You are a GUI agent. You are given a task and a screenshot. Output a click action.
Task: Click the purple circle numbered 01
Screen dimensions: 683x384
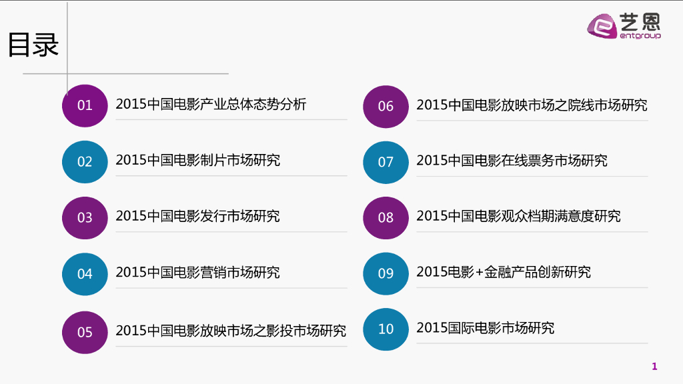(x=85, y=105)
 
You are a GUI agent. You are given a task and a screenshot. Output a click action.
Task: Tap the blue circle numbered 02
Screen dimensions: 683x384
(x=85, y=161)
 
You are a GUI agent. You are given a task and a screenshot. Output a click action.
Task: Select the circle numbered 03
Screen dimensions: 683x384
(x=85, y=217)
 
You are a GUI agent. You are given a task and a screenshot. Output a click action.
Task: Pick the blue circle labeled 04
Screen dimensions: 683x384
(x=85, y=273)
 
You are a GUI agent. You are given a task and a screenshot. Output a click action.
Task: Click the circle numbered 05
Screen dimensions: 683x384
(x=85, y=331)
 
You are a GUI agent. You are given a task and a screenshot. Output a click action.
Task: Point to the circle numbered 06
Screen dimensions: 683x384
(x=386, y=106)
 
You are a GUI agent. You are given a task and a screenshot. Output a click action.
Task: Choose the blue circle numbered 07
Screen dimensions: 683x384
(x=386, y=162)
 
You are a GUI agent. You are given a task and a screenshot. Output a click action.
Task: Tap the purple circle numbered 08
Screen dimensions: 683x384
(x=386, y=217)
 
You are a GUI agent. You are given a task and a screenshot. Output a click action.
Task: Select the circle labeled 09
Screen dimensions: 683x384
(x=386, y=273)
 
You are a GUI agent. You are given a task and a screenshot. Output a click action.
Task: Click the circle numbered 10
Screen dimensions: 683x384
(x=386, y=329)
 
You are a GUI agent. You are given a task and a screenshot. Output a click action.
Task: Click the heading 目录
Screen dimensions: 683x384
(x=33, y=45)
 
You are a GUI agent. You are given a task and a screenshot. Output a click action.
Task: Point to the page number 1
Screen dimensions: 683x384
(x=654, y=366)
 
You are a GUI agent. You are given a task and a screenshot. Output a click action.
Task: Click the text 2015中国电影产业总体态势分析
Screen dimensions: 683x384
(x=211, y=104)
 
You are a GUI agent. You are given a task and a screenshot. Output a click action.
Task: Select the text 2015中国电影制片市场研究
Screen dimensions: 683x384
(x=197, y=160)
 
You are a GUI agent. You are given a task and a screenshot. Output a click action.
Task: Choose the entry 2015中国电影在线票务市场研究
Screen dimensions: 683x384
(x=512, y=161)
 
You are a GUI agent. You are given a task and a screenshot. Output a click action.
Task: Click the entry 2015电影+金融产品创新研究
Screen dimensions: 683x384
(x=503, y=272)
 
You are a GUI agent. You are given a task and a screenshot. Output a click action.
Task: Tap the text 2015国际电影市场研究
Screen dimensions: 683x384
(x=485, y=328)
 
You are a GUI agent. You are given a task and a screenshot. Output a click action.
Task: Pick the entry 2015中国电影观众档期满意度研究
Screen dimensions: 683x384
(x=518, y=216)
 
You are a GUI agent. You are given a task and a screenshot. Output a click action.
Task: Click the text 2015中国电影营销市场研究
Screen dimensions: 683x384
(x=197, y=272)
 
